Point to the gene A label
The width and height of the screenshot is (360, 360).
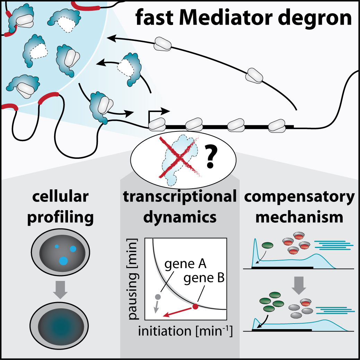186,266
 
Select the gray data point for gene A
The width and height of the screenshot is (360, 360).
158,297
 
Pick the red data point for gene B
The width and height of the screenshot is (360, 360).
195,306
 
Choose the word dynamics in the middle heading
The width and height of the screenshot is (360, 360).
180,217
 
